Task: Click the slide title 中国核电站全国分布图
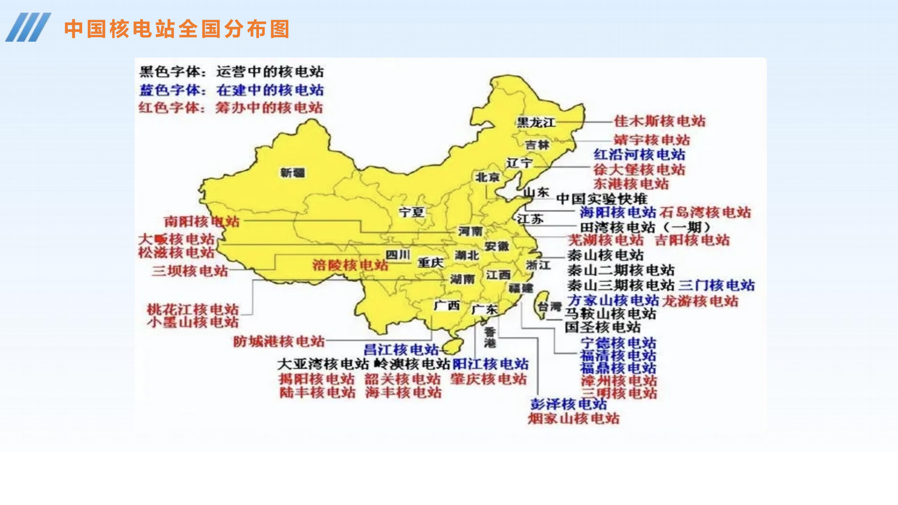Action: click(176, 29)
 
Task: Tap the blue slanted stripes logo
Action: click(28, 27)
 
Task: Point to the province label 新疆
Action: click(292, 173)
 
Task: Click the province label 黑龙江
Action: click(536, 122)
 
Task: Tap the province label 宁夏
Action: click(411, 212)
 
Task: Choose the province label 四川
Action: click(397, 255)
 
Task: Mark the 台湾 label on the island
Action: click(550, 307)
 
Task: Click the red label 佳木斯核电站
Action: click(660, 121)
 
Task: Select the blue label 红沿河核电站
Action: click(639, 155)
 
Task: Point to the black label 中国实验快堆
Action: click(602, 199)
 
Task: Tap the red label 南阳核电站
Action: click(202, 221)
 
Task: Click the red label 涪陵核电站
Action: click(350, 265)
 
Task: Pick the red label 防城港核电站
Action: click(279, 342)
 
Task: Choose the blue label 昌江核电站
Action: click(401, 350)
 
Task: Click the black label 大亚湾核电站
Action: click(323, 364)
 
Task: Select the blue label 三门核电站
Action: click(716, 285)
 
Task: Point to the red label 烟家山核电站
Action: click(573, 419)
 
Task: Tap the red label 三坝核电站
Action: click(189, 271)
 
